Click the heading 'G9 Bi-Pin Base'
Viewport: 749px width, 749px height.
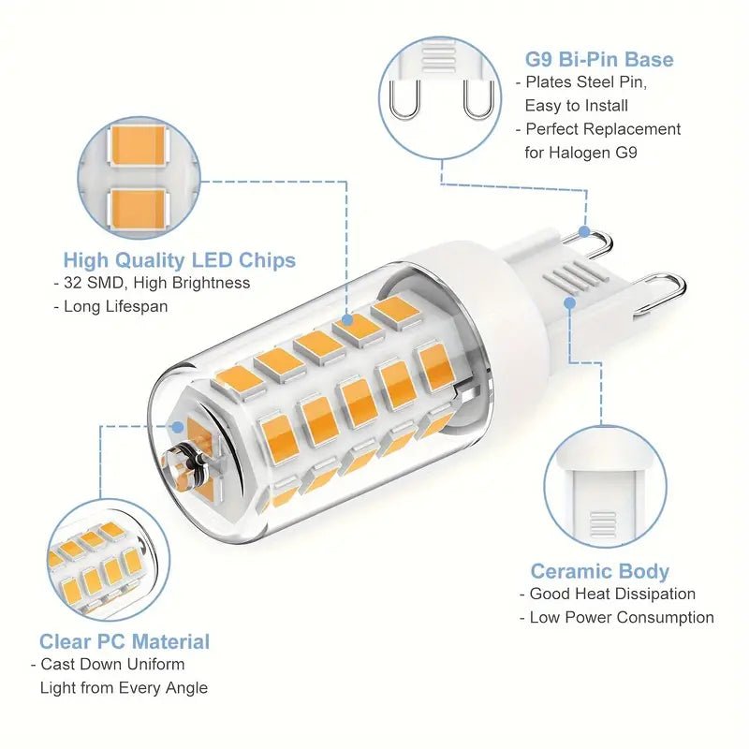(x=599, y=59)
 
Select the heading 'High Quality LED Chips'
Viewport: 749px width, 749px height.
(x=180, y=260)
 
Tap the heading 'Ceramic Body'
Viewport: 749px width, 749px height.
(x=600, y=571)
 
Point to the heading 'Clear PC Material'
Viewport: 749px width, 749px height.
(x=125, y=641)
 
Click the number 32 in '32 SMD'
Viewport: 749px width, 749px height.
(x=73, y=283)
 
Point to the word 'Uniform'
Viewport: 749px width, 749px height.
(x=155, y=665)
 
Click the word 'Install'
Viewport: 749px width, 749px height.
(x=607, y=106)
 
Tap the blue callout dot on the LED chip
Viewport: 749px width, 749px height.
(x=347, y=319)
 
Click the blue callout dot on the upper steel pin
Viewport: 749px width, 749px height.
(x=584, y=231)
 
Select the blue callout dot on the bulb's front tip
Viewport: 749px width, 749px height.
(x=177, y=427)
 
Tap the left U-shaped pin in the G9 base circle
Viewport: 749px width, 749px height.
(x=405, y=99)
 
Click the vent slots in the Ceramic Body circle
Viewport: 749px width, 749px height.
(x=603, y=525)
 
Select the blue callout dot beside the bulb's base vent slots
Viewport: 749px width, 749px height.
(x=569, y=302)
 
